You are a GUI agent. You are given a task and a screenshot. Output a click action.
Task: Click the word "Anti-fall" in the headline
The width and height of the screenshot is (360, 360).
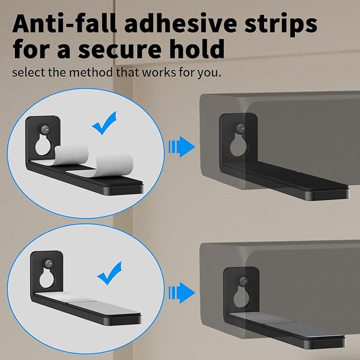[x=65, y=24]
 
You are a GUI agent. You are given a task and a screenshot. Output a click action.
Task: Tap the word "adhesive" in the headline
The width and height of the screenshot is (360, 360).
[x=180, y=24]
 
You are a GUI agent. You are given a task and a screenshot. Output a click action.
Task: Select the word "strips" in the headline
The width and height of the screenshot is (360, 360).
[x=281, y=25]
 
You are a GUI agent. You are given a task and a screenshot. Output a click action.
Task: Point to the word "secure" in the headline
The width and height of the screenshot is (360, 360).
[x=120, y=49]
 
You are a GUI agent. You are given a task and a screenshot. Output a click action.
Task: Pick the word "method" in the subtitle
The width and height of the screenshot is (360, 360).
[x=91, y=72]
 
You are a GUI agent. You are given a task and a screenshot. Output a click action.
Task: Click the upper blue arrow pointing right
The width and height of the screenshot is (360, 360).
[x=182, y=147]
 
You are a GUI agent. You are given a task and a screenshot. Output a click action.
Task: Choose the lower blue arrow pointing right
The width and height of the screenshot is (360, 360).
[x=182, y=293]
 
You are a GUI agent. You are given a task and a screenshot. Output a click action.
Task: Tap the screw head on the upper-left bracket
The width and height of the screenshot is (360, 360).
[x=46, y=130]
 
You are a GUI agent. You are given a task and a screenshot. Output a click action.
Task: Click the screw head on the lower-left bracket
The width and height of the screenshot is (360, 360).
[x=48, y=264]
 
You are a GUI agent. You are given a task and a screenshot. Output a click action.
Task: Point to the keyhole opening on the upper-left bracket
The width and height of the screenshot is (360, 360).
[x=43, y=145]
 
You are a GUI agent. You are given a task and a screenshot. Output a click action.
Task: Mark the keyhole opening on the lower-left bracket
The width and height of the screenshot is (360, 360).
[x=47, y=278]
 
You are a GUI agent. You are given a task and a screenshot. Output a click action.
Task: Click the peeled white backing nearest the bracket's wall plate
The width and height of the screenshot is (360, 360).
[x=72, y=155]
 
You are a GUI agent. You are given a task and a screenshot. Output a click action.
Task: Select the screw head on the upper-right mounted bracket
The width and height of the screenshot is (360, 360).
[x=241, y=128]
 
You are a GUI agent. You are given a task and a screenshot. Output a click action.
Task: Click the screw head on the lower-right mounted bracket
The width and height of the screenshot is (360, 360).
[x=243, y=281]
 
